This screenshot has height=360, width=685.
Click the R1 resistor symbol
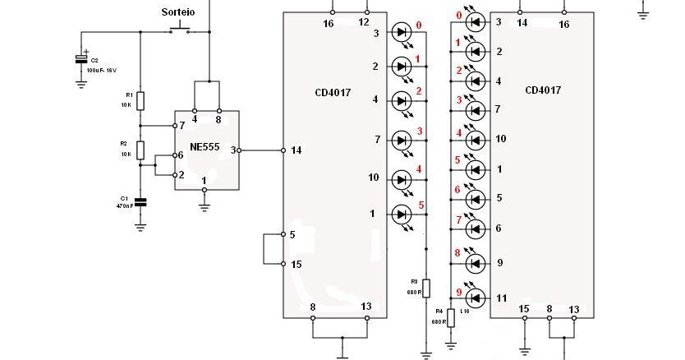(x=140, y=100)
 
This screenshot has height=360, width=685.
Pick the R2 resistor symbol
(x=140, y=150)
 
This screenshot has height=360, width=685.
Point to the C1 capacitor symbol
(x=140, y=201)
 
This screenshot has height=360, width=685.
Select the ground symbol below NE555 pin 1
(x=205, y=207)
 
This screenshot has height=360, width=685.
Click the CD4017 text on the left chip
(x=332, y=93)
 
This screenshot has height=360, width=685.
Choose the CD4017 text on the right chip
(x=543, y=90)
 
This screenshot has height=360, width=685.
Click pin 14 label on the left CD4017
(x=296, y=150)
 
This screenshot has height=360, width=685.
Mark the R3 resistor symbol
(x=425, y=288)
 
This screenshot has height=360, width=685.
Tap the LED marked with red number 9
(x=476, y=298)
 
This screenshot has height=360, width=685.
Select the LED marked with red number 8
(x=476, y=263)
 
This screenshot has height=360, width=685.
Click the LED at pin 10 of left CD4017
(x=402, y=178)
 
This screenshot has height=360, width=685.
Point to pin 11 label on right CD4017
(x=499, y=298)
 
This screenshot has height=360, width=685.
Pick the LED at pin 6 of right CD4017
(x=476, y=228)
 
